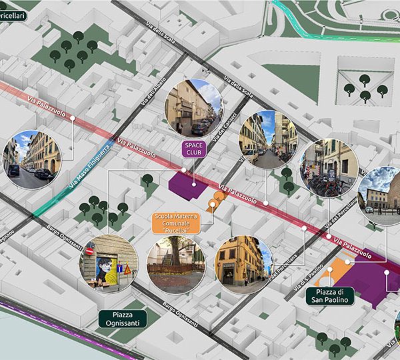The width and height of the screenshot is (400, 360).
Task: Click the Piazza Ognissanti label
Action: [121, 319]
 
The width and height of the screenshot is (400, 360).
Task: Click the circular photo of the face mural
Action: [109, 263]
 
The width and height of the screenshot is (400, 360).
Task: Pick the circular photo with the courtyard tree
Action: [176, 265]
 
